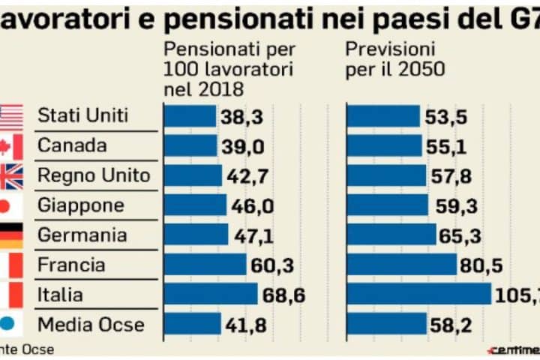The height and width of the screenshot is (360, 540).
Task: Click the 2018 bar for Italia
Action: coord(210,295)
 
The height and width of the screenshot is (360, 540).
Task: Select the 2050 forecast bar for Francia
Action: coord(401,265)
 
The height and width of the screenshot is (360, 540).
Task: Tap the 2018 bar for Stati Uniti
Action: coord(190,115)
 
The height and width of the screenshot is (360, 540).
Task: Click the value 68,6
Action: coord(283,295)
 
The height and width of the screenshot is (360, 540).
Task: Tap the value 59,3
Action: coord(454,205)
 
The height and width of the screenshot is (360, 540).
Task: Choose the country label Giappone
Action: coord(81,205)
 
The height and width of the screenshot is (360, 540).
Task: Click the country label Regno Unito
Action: coord(94,175)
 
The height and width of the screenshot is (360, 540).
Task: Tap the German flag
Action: coord(11,235)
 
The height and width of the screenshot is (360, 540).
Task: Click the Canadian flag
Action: coord(11,146)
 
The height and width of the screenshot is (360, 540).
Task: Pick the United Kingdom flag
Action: coord(11,176)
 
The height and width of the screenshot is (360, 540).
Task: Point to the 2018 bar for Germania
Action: coord(196,235)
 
